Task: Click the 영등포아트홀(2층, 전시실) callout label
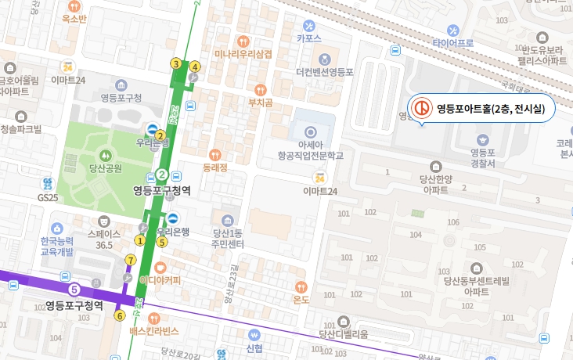click(x=490, y=109)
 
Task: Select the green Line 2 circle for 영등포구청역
click(x=161, y=174)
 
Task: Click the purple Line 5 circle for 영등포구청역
click(x=74, y=290)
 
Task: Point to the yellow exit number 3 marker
click(x=176, y=63)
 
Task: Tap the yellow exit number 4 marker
click(x=194, y=66)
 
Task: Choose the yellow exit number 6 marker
click(x=120, y=316)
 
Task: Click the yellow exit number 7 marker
click(x=130, y=259)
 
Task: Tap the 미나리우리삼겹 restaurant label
click(x=243, y=54)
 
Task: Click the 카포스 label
click(x=309, y=37)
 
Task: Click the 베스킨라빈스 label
click(x=154, y=330)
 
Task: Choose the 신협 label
click(x=254, y=347)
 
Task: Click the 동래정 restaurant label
click(x=214, y=167)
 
